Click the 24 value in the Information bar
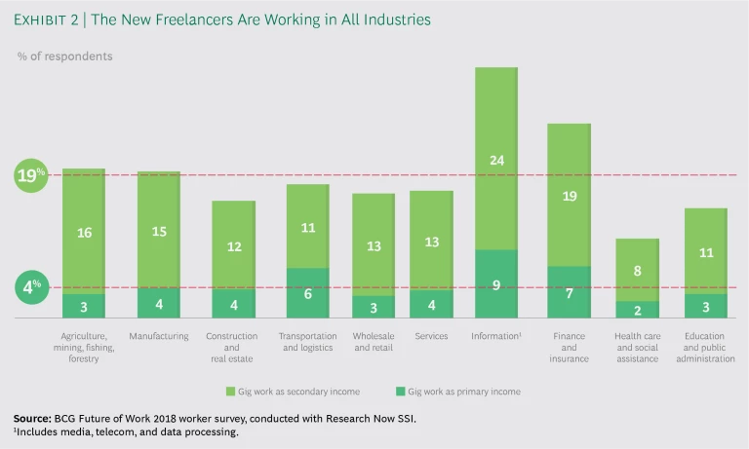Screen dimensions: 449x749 coord(495,160)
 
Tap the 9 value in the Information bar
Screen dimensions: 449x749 coord(495,285)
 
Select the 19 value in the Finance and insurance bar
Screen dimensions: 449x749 coord(570,196)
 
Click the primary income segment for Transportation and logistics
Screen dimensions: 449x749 coord(307,293)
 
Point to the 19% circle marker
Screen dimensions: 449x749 coord(30,176)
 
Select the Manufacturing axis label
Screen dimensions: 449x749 coord(158,336)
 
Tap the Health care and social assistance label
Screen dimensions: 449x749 coord(638,348)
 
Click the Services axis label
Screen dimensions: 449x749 coord(430,336)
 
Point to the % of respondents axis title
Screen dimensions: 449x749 coord(64,56)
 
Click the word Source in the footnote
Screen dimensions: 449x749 coord(33,418)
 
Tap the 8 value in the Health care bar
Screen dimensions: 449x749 coord(637,272)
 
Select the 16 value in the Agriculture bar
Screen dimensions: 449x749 coord(84,233)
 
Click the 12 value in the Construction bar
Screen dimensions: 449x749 coord(233,246)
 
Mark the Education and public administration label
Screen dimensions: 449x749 coord(706,348)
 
